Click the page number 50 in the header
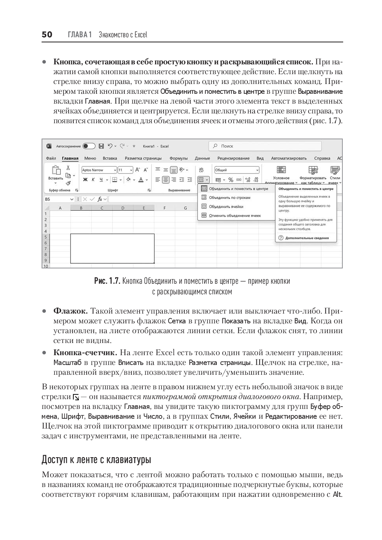coord(47,35)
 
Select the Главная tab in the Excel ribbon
coord(70,159)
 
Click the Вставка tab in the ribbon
coord(110,159)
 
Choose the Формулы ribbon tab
coord(178,159)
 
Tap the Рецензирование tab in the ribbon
coord(233,159)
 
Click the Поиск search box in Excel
coord(265,146)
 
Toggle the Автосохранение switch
coord(89,146)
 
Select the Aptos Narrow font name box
coord(98,170)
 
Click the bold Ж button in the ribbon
coord(85,180)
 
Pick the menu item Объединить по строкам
coord(229,198)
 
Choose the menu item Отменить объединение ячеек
coord(235,215)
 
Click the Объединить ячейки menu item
coord(226,206)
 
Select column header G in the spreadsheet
coord(185,208)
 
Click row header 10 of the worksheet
coord(45,266)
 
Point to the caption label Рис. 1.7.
coord(107,281)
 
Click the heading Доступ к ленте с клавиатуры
coord(96,459)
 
